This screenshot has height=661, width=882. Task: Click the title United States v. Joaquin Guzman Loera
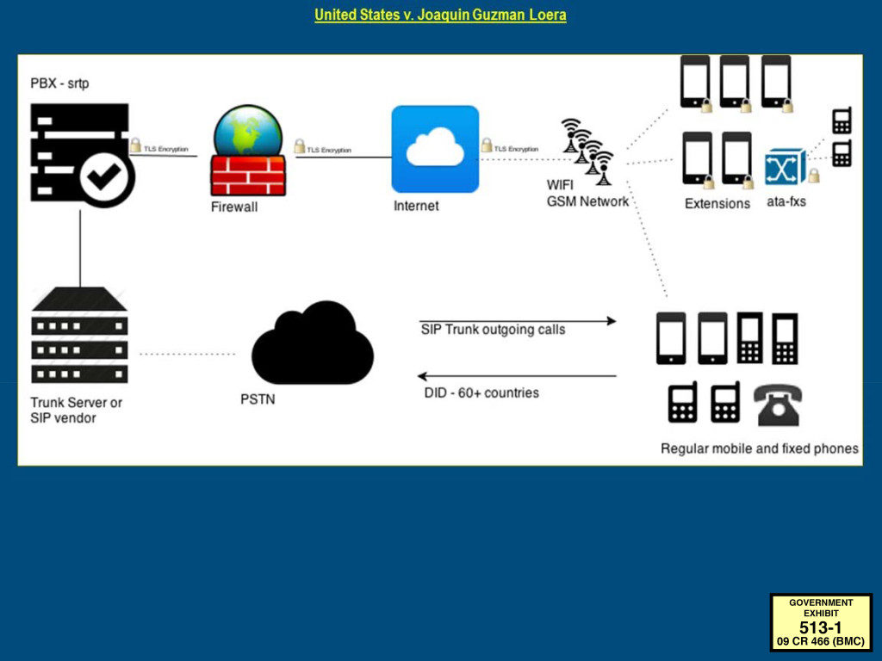[440, 15]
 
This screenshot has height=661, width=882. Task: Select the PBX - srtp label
[59, 83]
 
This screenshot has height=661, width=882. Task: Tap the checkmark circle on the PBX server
[104, 177]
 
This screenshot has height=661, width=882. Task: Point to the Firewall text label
[234, 207]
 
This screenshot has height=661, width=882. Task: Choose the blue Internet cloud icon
[435, 149]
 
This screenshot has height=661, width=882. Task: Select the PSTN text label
[258, 399]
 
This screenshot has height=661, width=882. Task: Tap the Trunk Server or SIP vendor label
[76, 411]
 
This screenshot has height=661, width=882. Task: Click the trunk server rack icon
[79, 335]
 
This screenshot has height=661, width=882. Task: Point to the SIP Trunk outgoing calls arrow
[518, 321]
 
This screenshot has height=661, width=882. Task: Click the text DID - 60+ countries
[481, 392]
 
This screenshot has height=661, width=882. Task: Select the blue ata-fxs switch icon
[786, 166]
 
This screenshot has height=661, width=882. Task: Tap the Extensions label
[717, 203]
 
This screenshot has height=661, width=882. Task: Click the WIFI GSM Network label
[587, 194]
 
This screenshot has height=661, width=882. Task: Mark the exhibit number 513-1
[821, 627]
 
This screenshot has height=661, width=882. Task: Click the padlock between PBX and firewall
[135, 145]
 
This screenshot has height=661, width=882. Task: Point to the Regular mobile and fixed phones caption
[760, 448]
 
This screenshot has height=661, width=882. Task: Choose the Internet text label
[416, 206]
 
